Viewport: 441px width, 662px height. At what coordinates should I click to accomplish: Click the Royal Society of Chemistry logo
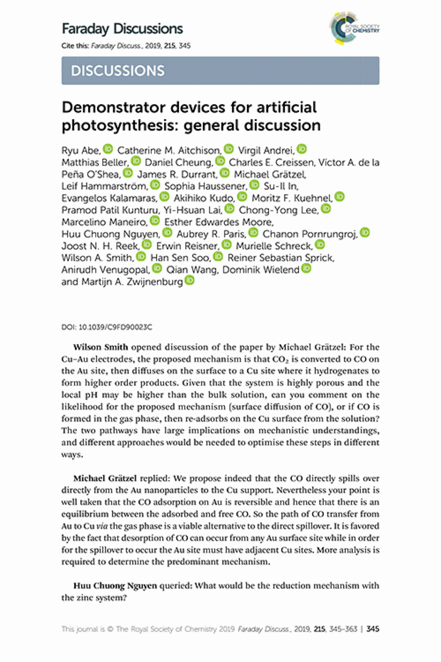354,28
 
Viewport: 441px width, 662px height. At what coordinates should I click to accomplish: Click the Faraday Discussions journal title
122,29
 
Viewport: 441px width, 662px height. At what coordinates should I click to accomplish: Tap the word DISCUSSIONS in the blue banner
118,71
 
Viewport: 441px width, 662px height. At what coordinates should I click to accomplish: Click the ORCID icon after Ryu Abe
108,149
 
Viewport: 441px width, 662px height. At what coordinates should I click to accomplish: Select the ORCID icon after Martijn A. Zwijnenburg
190,280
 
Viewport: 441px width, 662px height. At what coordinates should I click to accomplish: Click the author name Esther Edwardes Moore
218,222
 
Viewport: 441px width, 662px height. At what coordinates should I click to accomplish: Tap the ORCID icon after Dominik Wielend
306,268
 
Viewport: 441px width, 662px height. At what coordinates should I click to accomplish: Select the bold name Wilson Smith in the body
100,347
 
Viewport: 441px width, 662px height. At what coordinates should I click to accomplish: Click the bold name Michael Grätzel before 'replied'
105,478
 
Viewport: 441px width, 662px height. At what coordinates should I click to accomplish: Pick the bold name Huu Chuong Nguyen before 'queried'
115,586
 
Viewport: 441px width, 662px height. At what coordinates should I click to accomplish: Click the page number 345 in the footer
373,629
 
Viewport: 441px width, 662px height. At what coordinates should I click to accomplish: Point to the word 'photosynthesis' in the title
120,125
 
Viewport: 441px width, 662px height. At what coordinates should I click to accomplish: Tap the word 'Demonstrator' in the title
113,108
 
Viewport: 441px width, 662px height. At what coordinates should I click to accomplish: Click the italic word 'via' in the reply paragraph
102,526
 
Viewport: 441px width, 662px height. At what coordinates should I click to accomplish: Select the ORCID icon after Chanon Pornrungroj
365,233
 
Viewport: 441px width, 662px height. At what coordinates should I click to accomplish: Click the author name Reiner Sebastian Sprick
280,258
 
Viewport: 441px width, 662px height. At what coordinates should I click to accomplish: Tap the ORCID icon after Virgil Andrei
302,149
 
